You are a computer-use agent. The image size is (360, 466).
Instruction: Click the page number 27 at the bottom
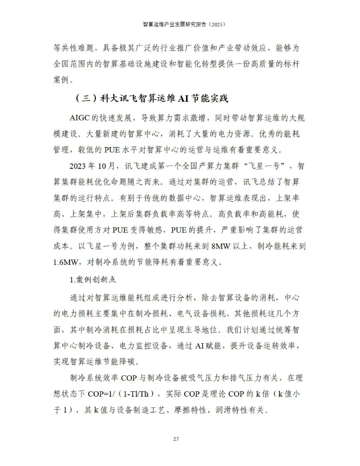[x=176, y=439]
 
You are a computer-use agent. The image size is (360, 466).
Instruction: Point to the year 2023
[x=78, y=166]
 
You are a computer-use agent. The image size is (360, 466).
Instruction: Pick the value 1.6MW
[x=65, y=262]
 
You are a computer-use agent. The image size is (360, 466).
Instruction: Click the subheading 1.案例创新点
[x=93, y=280]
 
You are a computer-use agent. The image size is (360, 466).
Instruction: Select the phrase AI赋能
[x=208, y=346]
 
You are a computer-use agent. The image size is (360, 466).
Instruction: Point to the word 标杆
[x=292, y=64]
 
